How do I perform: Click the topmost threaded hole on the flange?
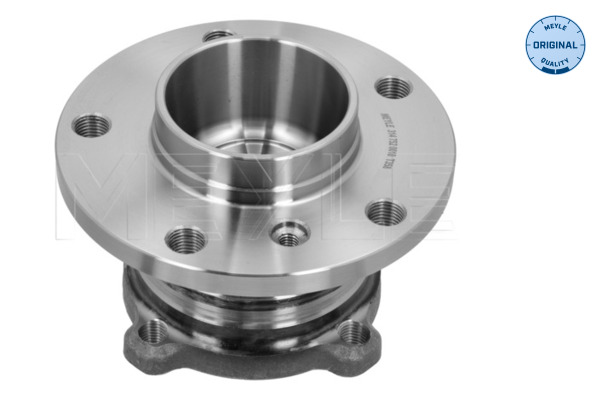tap(218, 38)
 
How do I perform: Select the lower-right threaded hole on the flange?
tap(383, 211)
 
